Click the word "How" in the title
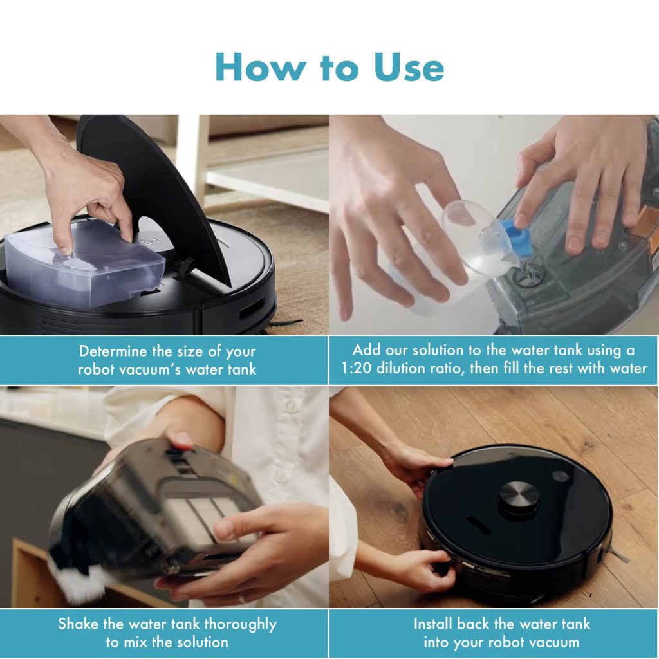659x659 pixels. [259, 67]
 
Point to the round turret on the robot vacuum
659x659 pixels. [518, 497]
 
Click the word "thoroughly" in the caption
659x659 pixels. [241, 625]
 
